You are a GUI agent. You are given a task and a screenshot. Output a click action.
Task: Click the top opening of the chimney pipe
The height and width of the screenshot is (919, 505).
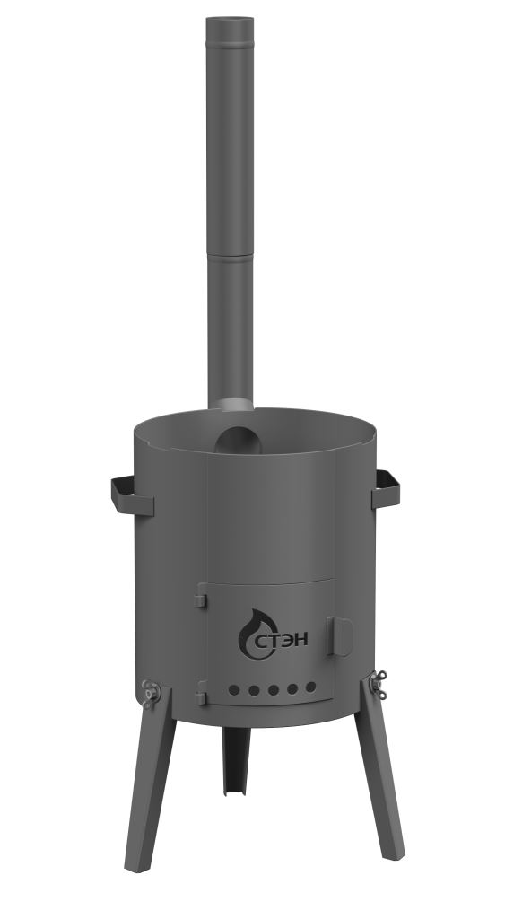pos(230,20)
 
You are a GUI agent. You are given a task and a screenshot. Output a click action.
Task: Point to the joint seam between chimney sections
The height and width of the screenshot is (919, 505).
pos(231,256)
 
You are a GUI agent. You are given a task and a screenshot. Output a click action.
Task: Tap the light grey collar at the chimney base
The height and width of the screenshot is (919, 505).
pos(232,405)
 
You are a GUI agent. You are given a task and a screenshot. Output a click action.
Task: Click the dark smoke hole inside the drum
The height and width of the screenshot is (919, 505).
pos(238,441)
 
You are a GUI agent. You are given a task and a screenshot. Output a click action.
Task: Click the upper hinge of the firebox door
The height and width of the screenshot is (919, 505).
pos(200,596)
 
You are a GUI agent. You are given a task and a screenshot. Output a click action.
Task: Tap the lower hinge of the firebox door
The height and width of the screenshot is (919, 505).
pos(200,693)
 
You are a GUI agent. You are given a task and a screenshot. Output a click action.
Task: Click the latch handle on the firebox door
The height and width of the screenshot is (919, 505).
pos(340,636)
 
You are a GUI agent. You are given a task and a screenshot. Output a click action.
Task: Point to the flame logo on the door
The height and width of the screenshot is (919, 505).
pos(253,635)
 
